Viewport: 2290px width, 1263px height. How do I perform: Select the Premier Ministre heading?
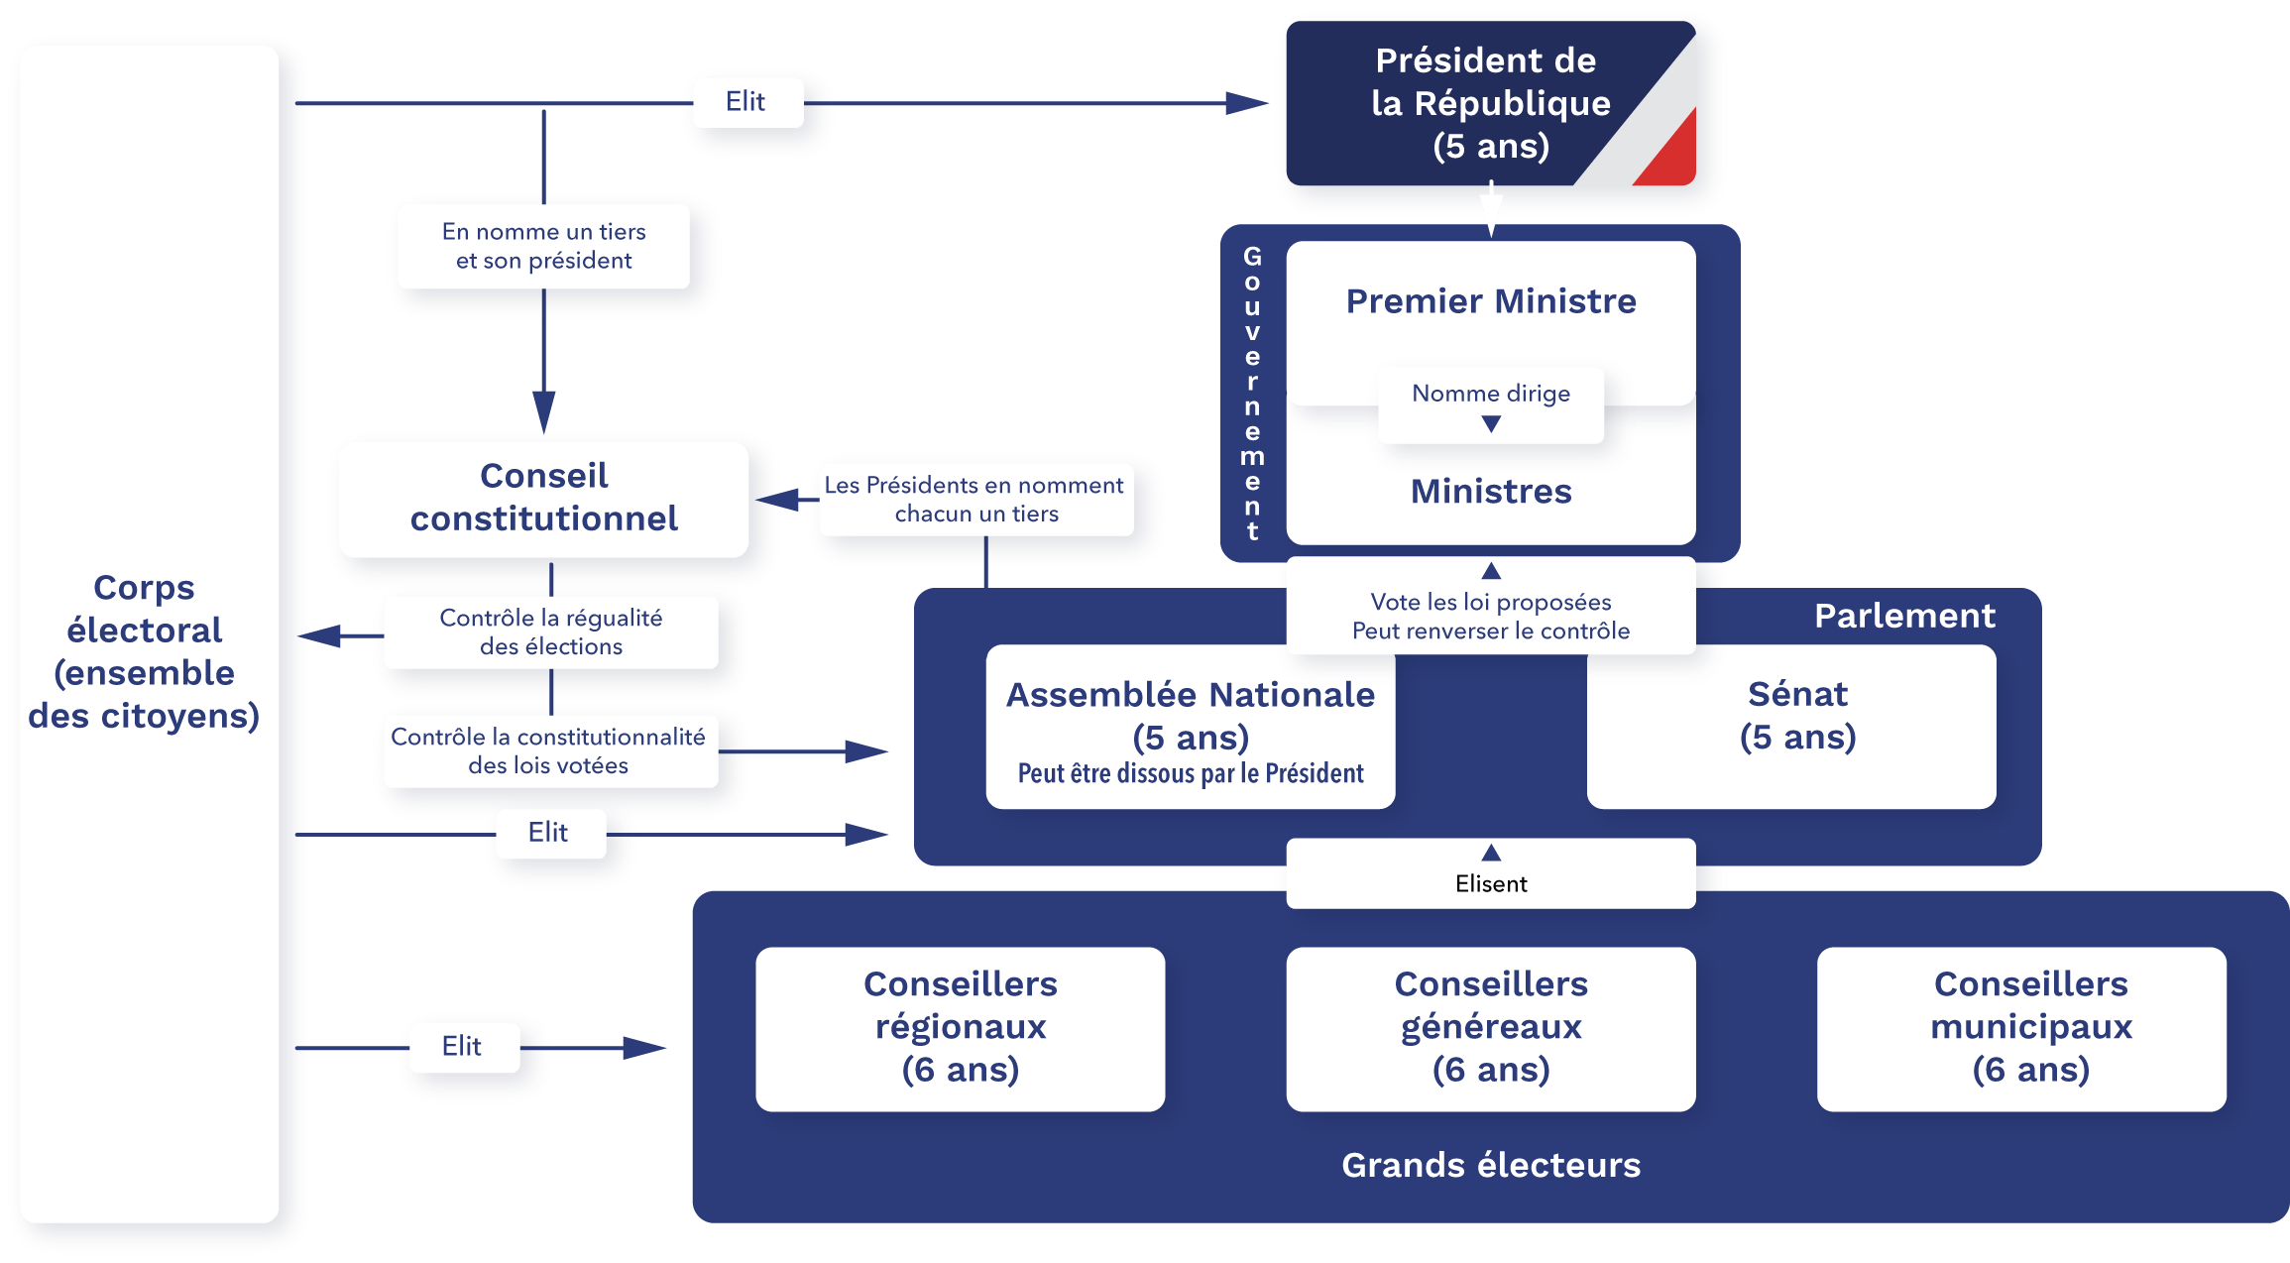1491,300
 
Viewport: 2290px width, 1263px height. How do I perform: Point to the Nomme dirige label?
1491,394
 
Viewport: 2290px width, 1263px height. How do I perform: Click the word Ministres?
1491,492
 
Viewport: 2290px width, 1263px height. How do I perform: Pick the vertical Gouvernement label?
1252,394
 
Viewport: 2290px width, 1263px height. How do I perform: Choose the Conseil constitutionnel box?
543,498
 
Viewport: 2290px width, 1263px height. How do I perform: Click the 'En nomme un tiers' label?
543,246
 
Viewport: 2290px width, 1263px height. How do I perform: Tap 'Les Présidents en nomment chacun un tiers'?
975,499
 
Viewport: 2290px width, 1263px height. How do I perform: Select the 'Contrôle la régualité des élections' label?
550,631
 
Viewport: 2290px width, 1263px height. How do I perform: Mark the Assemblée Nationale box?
1190,727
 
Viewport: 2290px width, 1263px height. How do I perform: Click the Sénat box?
1791,726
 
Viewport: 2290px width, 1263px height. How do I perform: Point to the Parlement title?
1903,616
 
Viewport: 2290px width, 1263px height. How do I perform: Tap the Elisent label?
1491,882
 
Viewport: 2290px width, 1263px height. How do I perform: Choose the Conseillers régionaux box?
960,1028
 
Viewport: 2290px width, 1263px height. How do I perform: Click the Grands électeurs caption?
1491,1165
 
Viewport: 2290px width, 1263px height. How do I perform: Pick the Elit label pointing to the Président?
746,102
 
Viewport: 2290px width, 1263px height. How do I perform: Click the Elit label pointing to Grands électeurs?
463,1046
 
